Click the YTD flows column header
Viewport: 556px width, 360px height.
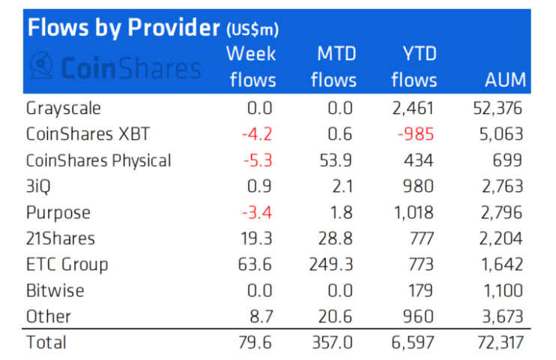click(x=414, y=66)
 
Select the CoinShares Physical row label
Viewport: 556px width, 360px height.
click(x=99, y=160)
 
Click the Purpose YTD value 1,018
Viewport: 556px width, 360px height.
click(x=413, y=211)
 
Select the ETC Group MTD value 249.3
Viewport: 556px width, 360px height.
click(x=330, y=264)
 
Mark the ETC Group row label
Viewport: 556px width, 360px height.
click(x=67, y=264)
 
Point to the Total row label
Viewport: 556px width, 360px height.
click(x=46, y=343)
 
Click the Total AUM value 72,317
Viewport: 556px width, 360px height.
click(x=493, y=343)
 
